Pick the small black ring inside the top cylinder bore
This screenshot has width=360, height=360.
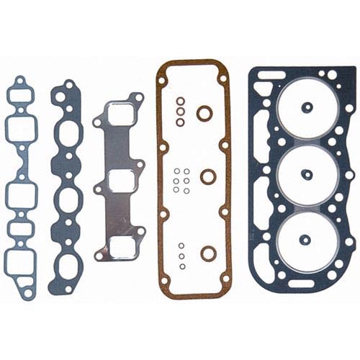coord(306,109)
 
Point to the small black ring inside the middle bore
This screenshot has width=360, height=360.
coord(306,174)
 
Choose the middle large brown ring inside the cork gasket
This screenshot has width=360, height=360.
coord(207,176)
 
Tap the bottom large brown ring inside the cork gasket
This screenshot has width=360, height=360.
coord(207,252)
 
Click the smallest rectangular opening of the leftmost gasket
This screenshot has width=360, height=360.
coord(22,230)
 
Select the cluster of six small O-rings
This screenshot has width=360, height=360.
coord(181,179)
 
